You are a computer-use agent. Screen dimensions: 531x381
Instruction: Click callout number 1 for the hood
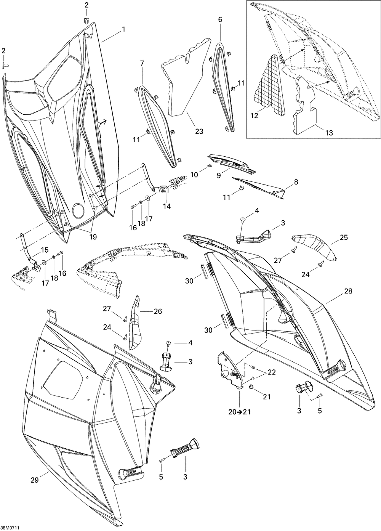point(123,29)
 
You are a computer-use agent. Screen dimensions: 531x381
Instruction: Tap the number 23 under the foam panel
point(199,132)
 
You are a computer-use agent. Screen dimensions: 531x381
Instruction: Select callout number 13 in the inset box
point(328,133)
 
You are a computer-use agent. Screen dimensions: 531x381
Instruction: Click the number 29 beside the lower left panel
point(35,481)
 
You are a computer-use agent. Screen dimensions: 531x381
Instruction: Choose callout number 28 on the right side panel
point(348,291)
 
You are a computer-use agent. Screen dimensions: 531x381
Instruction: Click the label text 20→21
point(239,412)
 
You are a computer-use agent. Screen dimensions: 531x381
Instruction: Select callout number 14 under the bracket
point(167,206)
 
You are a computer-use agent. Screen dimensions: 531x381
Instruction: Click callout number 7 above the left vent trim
point(142,63)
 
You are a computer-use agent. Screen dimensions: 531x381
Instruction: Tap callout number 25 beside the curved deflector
point(344,237)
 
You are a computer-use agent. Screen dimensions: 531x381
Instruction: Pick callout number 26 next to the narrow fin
point(157,311)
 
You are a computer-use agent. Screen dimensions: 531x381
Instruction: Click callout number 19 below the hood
point(93,237)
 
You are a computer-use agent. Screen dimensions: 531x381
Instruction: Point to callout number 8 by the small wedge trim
point(296,182)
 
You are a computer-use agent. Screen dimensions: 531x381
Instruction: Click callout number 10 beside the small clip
point(194,175)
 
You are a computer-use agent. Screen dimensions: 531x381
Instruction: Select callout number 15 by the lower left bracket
point(45,250)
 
